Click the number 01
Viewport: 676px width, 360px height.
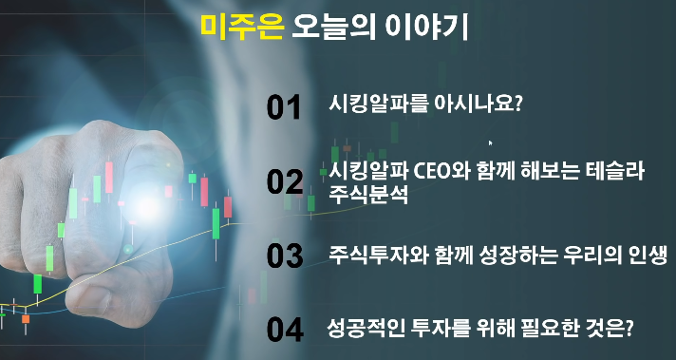tap(284, 108)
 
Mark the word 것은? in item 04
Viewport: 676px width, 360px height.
tap(609, 328)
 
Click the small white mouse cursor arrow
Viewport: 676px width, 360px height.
tap(491, 143)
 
